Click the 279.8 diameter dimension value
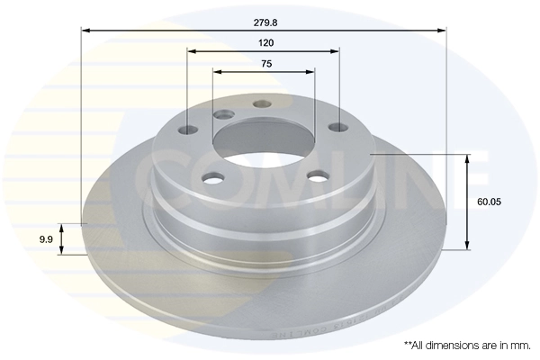click(x=265, y=16)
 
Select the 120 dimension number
click(x=265, y=42)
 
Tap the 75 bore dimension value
click(x=265, y=63)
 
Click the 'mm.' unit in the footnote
click(x=521, y=345)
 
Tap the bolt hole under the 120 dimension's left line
click(x=188, y=130)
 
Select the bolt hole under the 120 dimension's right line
click(x=338, y=127)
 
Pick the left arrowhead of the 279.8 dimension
click(x=86, y=30)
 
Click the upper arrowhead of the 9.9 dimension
click(x=61, y=226)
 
